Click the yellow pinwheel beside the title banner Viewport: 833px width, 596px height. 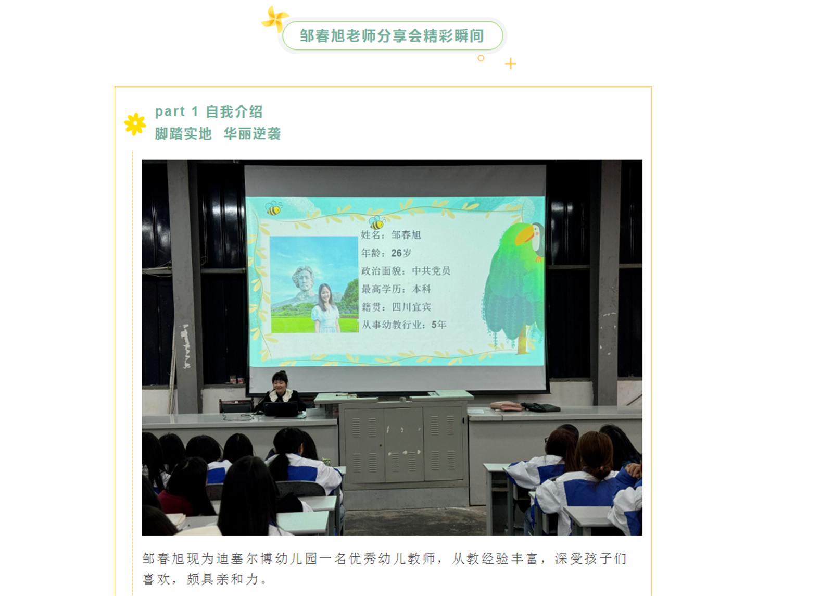pyautogui.click(x=275, y=19)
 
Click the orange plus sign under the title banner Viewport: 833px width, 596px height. pyautogui.click(x=511, y=64)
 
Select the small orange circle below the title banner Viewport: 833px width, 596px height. pyautogui.click(x=481, y=58)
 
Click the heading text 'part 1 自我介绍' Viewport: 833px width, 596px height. pyautogui.click(x=209, y=111)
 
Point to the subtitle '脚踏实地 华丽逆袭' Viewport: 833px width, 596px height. pyautogui.click(x=218, y=133)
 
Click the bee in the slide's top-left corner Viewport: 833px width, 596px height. pyautogui.click(x=274, y=208)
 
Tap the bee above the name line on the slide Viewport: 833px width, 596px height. pyautogui.click(x=377, y=222)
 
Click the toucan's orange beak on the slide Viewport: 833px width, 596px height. pyautogui.click(x=525, y=235)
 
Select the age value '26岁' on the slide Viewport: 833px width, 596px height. pyautogui.click(x=401, y=253)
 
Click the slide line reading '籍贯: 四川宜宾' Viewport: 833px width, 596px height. pyautogui.click(x=396, y=307)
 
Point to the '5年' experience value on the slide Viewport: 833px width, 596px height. pyautogui.click(x=438, y=325)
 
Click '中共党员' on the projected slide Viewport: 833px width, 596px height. pyautogui.click(x=431, y=271)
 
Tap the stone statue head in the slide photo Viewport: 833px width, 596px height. pyautogui.click(x=304, y=279)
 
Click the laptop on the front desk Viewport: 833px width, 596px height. pyautogui.click(x=281, y=409)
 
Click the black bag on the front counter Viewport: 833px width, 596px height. pyautogui.click(x=541, y=407)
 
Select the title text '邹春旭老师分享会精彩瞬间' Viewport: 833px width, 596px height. pyautogui.click(x=392, y=36)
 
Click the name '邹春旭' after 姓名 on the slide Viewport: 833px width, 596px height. pyautogui.click(x=406, y=235)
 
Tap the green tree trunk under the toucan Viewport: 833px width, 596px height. pyautogui.click(x=522, y=339)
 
